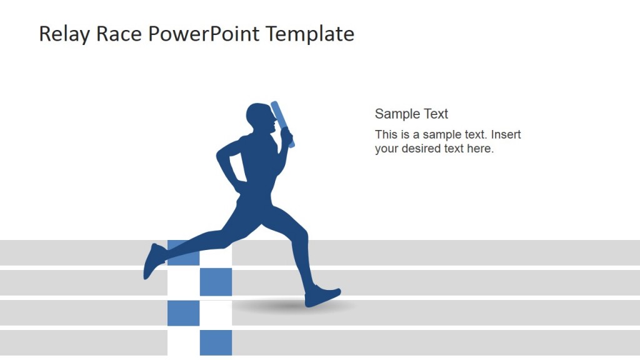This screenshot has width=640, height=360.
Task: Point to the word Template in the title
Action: point(310,34)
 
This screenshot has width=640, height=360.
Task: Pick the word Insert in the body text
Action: point(506,134)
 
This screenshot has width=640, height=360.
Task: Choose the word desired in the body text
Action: point(421,149)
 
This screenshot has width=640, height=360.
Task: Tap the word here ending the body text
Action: point(481,149)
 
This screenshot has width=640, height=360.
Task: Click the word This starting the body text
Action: point(386,134)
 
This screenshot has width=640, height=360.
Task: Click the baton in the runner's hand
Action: point(282,124)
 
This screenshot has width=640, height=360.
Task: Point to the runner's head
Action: point(259,119)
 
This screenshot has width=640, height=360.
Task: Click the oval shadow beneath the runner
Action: point(294,306)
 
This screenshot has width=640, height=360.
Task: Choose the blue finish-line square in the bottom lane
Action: point(216,342)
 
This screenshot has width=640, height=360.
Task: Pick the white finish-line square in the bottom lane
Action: point(183,342)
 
